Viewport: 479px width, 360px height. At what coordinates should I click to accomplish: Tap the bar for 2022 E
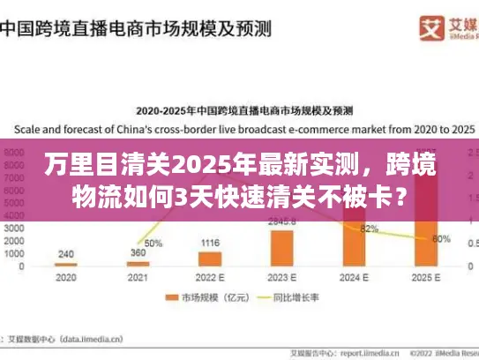[210, 259]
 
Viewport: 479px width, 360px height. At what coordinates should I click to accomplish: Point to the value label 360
[138, 252]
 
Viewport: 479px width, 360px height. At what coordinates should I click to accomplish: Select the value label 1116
[210, 243]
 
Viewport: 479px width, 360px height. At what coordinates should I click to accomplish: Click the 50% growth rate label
[153, 243]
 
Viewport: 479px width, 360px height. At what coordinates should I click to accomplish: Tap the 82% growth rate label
[369, 229]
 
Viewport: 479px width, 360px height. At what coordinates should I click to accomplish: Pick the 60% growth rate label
[441, 238]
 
